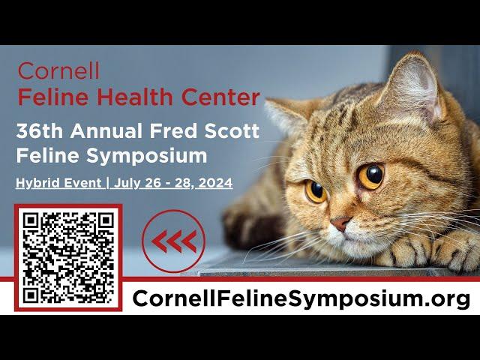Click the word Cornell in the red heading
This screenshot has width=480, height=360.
(x=58, y=70)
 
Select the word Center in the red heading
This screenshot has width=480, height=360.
(x=220, y=97)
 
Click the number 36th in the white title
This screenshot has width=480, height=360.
(x=40, y=130)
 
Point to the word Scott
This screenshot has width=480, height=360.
(x=232, y=130)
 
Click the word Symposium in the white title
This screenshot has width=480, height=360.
(x=147, y=157)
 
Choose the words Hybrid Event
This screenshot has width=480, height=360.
(x=58, y=183)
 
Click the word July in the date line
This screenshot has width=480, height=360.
(x=125, y=183)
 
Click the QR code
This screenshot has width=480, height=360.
(x=68, y=258)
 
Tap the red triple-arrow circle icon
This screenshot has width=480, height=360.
(x=173, y=241)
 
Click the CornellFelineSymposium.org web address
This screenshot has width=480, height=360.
(x=301, y=298)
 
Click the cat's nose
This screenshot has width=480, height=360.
(x=340, y=223)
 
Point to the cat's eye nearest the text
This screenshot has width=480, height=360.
(x=316, y=192)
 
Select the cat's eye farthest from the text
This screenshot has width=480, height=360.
(x=371, y=176)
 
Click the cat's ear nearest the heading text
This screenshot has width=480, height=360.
(x=288, y=115)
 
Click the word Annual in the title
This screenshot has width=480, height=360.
(x=106, y=130)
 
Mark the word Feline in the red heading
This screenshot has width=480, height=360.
(x=53, y=97)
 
